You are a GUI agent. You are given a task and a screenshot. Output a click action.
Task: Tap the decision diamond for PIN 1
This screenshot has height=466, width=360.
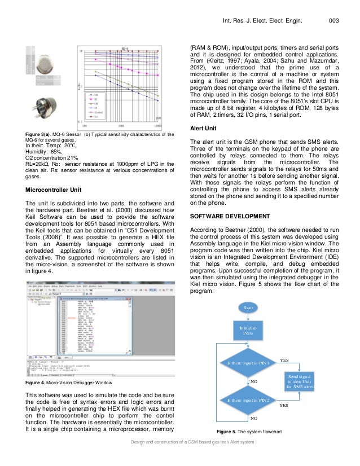(x=248, y=363)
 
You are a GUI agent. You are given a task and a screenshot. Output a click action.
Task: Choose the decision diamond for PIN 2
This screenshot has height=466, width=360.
(x=248, y=399)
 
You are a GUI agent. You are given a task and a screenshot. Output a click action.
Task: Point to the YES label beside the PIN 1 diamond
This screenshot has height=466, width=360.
(x=284, y=359)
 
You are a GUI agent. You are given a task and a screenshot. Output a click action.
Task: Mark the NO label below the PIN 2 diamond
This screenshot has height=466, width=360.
(x=253, y=419)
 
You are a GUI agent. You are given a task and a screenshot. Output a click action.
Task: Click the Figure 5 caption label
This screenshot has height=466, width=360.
(x=230, y=432)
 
